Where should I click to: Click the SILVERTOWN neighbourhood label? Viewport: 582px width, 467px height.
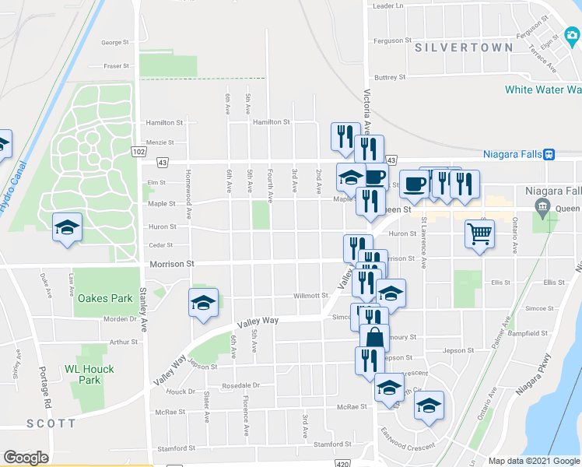click(x=464, y=47)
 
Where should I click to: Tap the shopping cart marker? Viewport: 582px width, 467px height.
click(x=479, y=233)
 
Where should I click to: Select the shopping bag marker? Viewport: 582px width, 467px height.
click(x=374, y=338)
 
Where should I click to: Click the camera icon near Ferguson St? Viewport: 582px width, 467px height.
click(x=573, y=34)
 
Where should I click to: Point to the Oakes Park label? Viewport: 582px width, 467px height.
click(x=105, y=298)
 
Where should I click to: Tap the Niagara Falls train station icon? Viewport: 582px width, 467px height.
click(x=549, y=154)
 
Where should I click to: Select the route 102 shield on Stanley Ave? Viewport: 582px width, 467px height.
click(x=138, y=151)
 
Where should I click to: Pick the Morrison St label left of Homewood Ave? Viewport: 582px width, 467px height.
click(x=172, y=265)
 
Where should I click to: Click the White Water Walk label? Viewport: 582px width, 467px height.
click(x=543, y=90)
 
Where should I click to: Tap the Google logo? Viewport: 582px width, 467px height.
click(x=26, y=458)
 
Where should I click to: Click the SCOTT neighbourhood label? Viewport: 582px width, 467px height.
click(x=51, y=423)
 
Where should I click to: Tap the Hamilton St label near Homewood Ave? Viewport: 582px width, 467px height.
click(x=164, y=122)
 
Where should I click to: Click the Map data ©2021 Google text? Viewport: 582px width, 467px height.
click(x=533, y=461)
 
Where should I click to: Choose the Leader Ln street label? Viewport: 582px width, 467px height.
click(x=389, y=6)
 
